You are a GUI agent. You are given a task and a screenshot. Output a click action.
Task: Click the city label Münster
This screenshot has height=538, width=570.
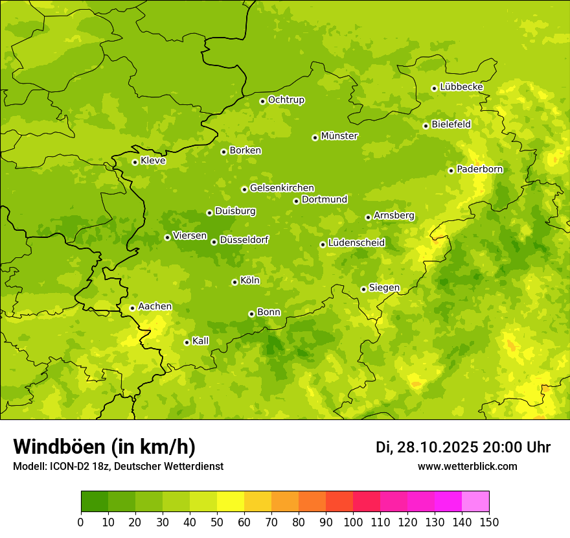[x=339, y=136]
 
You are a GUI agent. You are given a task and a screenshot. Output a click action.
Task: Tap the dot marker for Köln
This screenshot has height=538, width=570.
[x=234, y=282]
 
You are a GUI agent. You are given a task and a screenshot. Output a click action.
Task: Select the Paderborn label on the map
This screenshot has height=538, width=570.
[x=479, y=169]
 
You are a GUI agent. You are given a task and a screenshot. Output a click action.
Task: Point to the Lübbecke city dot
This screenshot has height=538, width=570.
[x=434, y=88]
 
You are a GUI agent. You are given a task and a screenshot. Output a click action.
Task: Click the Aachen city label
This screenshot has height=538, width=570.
[x=155, y=307]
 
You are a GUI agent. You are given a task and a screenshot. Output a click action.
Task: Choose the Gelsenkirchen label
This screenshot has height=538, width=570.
[x=282, y=188]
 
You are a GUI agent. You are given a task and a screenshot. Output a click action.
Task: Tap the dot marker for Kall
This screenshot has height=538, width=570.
[x=187, y=342]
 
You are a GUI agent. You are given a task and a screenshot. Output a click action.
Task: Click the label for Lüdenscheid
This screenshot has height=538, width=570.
[x=356, y=243]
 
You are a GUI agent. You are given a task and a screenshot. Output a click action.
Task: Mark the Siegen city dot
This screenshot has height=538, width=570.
[x=363, y=289]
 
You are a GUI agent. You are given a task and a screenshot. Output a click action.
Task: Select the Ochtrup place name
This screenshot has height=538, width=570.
[x=286, y=100]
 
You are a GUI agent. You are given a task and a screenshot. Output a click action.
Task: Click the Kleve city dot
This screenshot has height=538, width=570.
[x=135, y=162]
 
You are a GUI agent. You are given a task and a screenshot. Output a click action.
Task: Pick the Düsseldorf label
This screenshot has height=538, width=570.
[x=244, y=240]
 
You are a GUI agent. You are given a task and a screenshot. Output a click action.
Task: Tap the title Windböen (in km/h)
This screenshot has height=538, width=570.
[x=104, y=447]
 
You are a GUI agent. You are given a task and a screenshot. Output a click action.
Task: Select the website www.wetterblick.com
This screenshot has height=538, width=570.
[x=467, y=467]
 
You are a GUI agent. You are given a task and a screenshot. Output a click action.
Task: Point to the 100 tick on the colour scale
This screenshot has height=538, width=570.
[x=353, y=522]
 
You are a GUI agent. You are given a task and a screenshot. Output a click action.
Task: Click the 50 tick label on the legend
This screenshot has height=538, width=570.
[x=217, y=522]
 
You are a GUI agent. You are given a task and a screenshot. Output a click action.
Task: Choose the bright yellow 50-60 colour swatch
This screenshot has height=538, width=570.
[x=231, y=502]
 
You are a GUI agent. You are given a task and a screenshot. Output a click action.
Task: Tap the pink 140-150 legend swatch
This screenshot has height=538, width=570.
[x=475, y=502]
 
